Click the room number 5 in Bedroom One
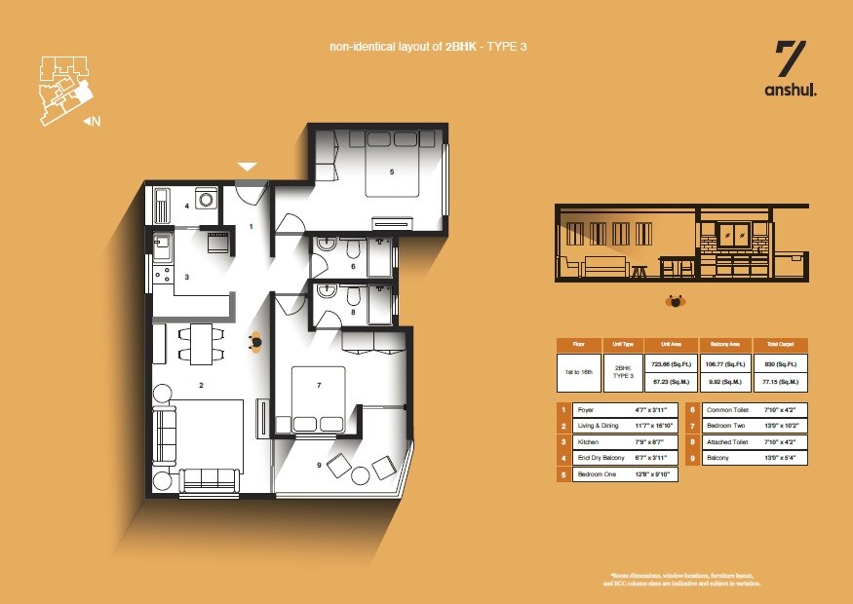(391, 172)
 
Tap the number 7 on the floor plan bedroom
(319, 386)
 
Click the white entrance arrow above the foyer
(248, 167)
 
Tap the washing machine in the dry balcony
(207, 198)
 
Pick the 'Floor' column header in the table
(579, 344)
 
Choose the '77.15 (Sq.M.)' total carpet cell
(781, 383)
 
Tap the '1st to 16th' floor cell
(579, 373)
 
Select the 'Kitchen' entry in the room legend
(589, 443)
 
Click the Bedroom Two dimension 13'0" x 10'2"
(780, 427)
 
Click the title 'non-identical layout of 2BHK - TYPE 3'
(433, 47)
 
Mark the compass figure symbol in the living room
(255, 340)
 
